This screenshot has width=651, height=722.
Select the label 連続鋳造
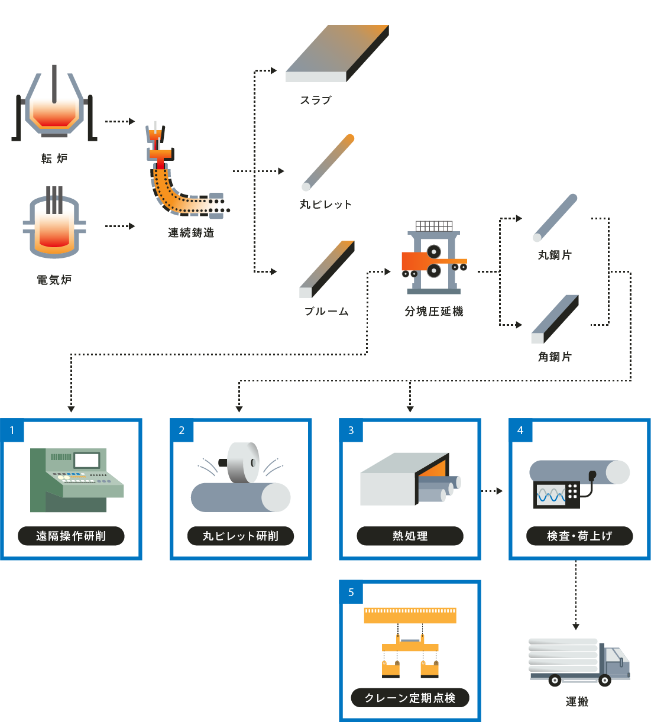coord(190,233)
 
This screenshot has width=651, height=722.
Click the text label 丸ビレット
coord(325,205)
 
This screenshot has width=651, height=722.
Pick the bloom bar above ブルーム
coord(327,268)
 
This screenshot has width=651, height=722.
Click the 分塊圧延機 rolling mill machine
coord(434,260)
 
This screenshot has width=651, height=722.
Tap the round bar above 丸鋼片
coord(555,218)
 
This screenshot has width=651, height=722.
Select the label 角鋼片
coord(555,357)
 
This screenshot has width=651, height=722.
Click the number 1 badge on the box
coord(12,430)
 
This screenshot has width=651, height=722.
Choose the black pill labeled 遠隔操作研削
coord(71,536)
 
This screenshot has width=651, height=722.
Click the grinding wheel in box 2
coord(242,462)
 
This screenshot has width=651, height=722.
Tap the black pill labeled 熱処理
coord(410,536)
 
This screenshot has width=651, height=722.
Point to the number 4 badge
coord(520,430)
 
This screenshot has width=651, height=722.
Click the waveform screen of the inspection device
coord(551,495)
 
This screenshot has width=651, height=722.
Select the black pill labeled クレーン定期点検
coord(410,698)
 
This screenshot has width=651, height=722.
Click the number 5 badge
coord(351,592)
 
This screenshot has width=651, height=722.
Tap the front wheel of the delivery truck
coord(605,681)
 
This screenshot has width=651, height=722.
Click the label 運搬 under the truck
coord(576,702)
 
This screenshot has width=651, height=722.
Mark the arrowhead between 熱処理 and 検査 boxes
coord(500,491)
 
